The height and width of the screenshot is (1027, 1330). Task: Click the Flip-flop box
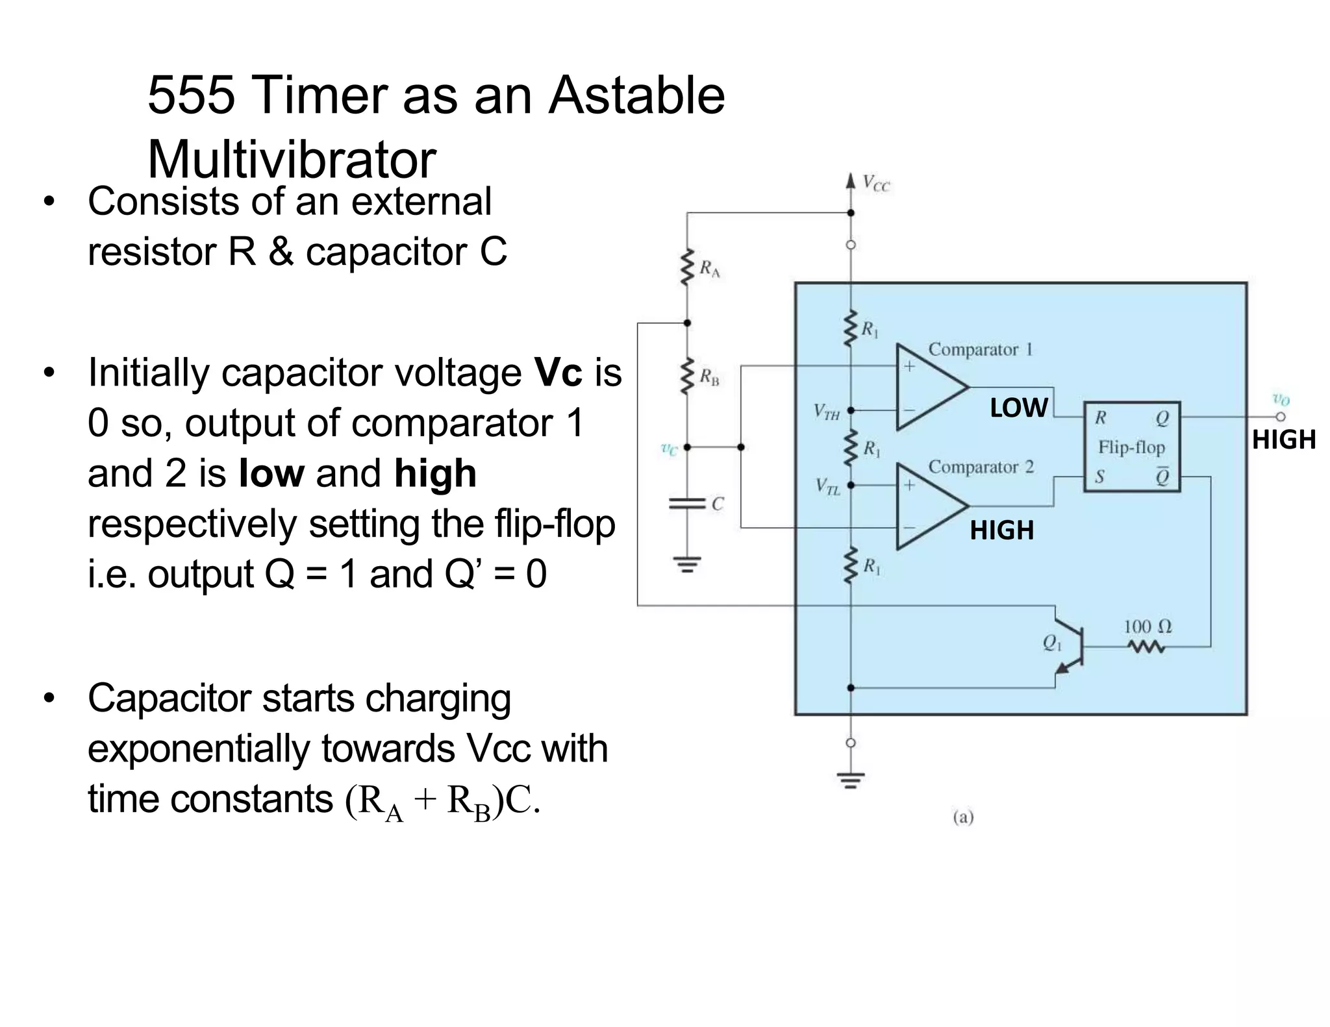1131,447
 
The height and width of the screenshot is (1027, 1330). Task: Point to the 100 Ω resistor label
1148,626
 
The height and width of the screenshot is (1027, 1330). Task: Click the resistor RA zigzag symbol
686,267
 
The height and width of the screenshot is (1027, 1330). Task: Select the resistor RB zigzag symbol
686,377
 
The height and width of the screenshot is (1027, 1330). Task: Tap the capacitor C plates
687,504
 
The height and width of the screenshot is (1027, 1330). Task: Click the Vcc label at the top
876,184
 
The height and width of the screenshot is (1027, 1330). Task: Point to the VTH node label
827,412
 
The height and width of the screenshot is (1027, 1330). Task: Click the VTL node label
828,486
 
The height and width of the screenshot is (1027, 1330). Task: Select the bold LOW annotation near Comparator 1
1018,408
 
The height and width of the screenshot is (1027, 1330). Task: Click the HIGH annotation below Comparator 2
1001,530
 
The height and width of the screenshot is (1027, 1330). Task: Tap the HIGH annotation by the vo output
1283,440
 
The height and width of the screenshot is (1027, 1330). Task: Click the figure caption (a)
963,817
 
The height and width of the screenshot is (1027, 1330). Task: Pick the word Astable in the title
636,95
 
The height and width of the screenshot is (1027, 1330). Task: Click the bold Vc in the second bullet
558,373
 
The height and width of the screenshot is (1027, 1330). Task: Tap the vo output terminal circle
1280,417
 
